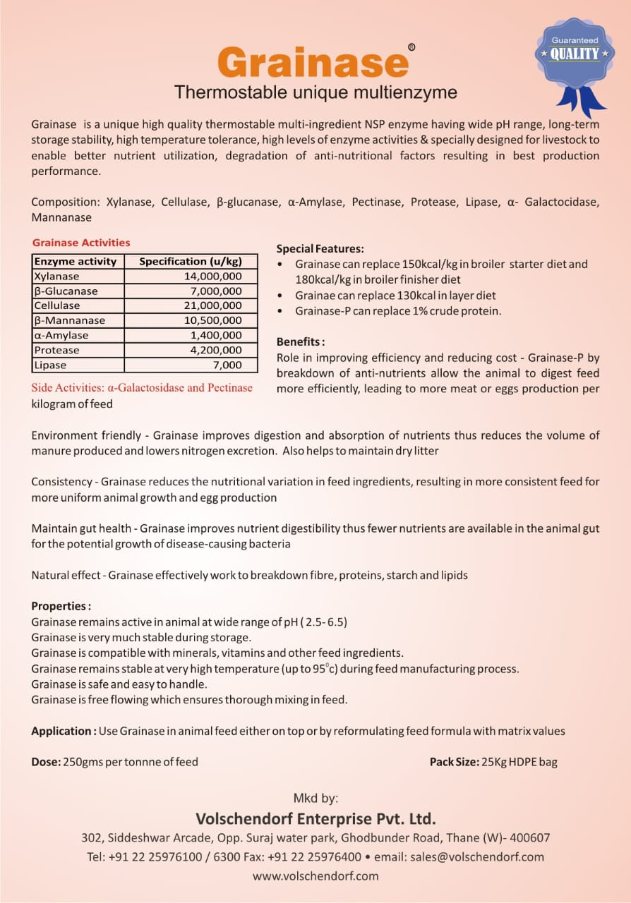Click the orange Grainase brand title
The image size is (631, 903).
tap(313, 62)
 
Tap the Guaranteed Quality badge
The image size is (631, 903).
tap(575, 56)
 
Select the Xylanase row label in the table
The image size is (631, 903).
tap(56, 276)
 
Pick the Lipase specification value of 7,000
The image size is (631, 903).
tap(228, 365)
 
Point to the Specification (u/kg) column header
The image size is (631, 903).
tap(190, 261)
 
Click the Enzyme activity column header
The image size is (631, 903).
tap(76, 261)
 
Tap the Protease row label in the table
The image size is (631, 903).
tap(56, 350)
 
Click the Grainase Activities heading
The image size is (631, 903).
tap(81, 242)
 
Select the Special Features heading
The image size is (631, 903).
tap(320, 248)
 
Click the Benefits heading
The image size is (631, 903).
tap(301, 341)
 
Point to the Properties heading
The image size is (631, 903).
tap(61, 606)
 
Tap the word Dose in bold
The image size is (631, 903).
tap(45, 762)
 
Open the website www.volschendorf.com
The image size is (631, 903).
tap(315, 876)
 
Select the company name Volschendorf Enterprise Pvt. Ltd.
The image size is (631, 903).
tap(315, 819)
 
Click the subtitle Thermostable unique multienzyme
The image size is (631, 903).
tap(315, 92)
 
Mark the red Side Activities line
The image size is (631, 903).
tap(142, 387)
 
